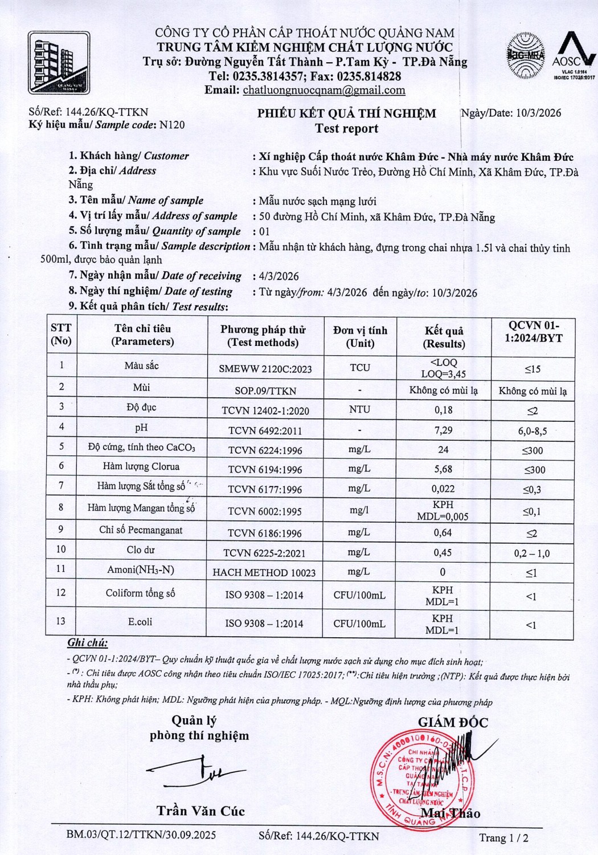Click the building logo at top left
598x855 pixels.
coord(59,63)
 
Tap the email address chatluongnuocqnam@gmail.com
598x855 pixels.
coord(324,90)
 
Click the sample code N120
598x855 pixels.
coord(172,125)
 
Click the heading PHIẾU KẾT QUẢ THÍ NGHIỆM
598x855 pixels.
coord(346,113)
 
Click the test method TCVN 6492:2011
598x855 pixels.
coord(265,431)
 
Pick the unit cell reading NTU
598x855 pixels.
coord(359,409)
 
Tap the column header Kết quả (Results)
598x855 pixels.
coord(444,337)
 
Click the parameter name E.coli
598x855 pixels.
coord(140,621)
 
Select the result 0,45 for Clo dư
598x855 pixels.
coord(443,552)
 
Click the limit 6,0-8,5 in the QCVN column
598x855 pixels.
coord(532,431)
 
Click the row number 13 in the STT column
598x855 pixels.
coord(60,621)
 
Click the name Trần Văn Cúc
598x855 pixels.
coord(200,811)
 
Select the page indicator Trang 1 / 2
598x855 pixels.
coord(503,837)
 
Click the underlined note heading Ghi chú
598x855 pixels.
coord(87,642)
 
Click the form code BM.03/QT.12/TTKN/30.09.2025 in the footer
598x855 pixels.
coord(141,835)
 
